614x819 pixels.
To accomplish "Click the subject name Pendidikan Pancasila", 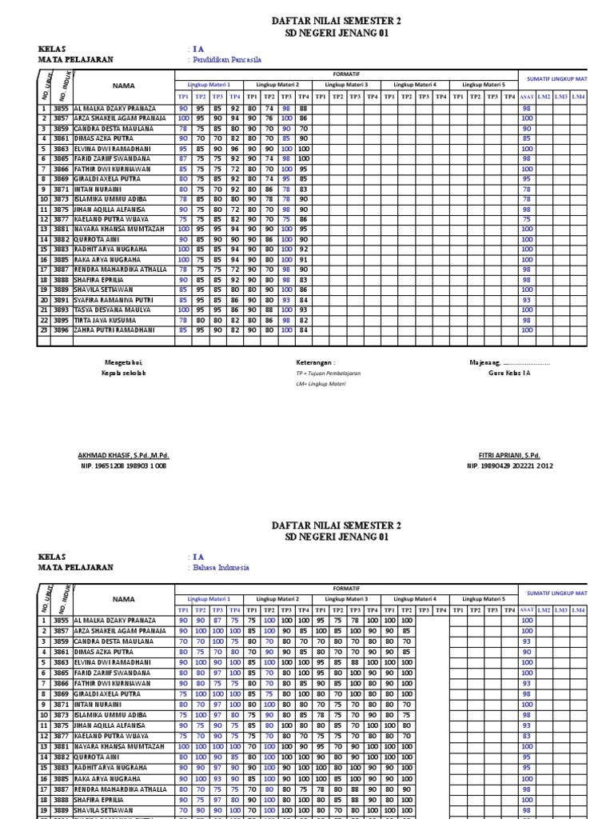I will pos(226,60).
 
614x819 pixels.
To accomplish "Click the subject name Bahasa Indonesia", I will pos(221,567).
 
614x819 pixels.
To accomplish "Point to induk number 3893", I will pos(61,310).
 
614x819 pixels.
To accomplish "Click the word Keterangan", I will pos(316,362).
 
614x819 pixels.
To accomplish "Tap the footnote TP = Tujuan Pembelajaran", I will pos(328,374).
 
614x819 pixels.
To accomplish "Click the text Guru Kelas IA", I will pos(509,374).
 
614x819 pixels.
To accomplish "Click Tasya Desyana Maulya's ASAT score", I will pos(526,310).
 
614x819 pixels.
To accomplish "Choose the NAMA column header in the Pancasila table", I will pos(123,85).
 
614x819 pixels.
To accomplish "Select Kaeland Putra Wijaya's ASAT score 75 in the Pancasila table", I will pos(526,218).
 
